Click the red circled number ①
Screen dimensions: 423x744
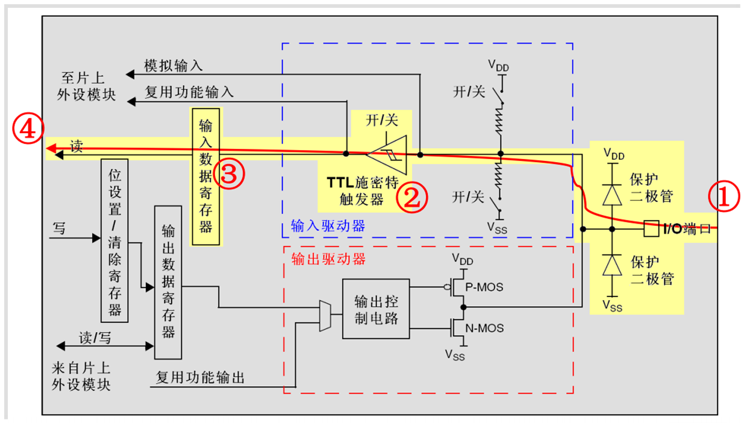click(723, 197)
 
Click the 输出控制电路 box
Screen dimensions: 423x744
click(376, 309)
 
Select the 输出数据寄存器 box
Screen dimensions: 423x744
click(168, 282)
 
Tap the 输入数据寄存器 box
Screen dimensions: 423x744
click(206, 176)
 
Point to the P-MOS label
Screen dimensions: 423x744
click(485, 287)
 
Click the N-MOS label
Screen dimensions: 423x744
click(485, 328)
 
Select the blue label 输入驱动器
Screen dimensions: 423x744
click(328, 226)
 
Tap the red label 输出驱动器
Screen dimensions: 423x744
click(328, 260)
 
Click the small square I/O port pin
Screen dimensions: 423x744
click(651, 229)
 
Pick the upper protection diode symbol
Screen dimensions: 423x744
click(612, 194)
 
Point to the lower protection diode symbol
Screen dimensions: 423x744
click(612, 265)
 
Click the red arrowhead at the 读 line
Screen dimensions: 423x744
click(52, 148)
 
